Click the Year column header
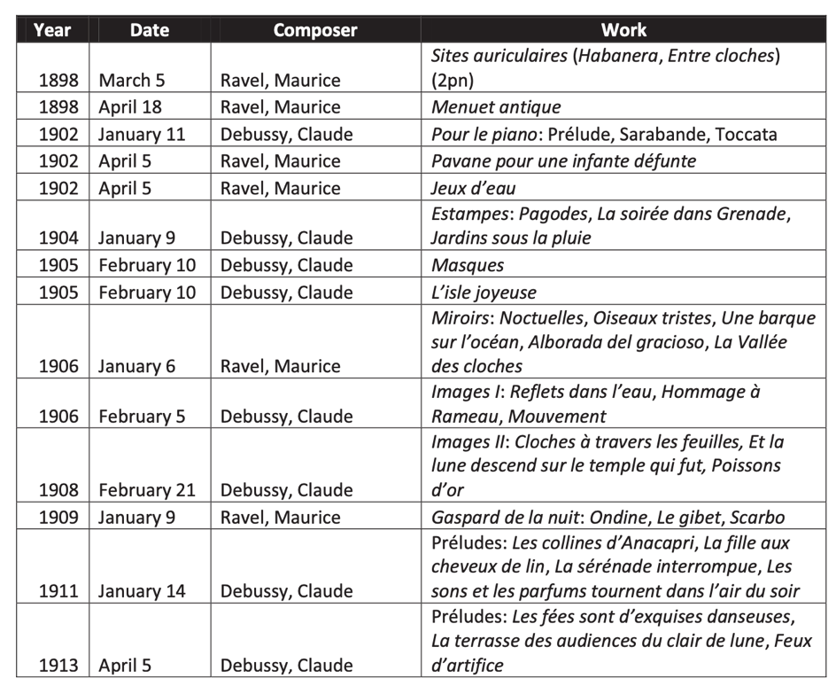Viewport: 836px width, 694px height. tap(51, 29)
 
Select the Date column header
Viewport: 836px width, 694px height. tap(149, 29)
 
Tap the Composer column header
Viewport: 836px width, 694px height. tap(315, 29)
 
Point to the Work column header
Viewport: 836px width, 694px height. tap(623, 29)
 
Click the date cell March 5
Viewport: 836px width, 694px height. tap(132, 81)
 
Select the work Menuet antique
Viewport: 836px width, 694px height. tap(496, 107)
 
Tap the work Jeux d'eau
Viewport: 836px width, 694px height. tap(475, 188)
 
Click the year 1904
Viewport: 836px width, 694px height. tap(58, 238)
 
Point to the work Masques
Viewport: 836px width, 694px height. tap(468, 265)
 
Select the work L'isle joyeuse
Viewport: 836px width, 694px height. tap(484, 292)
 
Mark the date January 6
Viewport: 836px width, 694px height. tap(137, 366)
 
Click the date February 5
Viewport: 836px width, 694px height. tap(142, 417)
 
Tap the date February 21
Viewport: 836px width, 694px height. tap(147, 490)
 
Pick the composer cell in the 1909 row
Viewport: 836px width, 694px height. tap(280, 517)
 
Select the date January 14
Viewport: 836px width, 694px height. tap(142, 591)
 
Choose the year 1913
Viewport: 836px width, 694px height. tap(58, 666)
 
